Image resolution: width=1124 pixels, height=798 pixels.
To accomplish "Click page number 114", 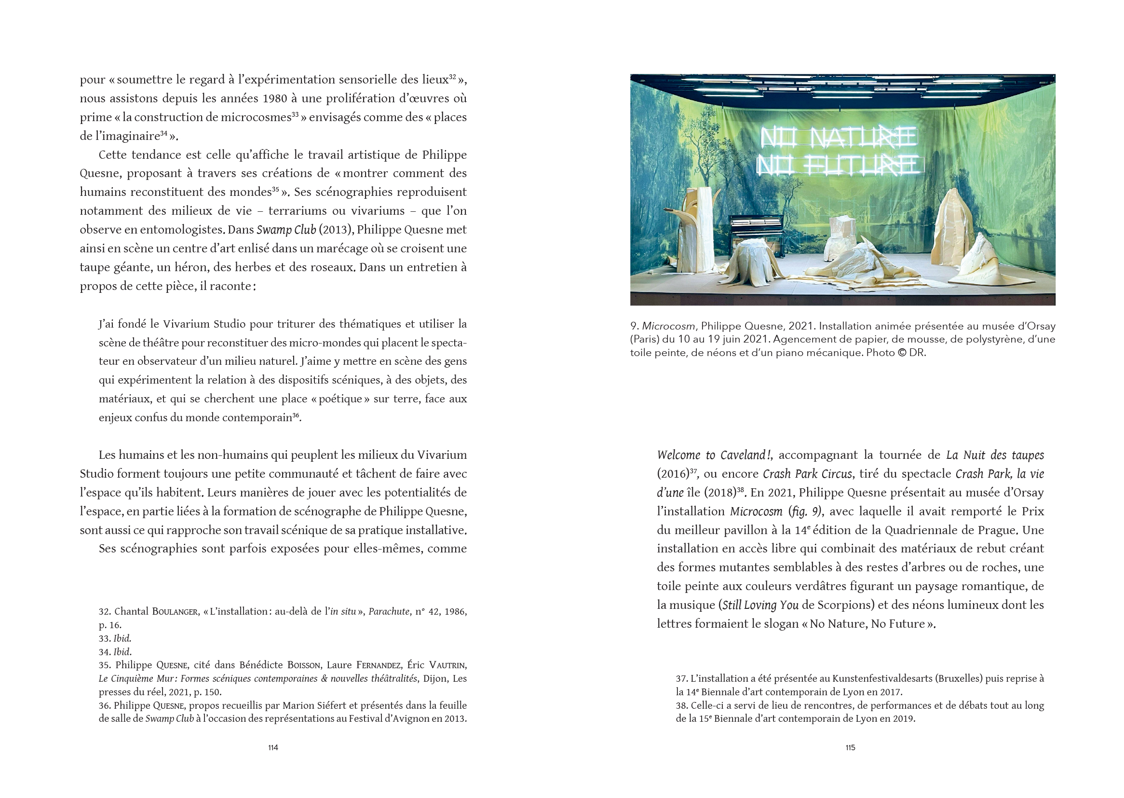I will coord(273,747).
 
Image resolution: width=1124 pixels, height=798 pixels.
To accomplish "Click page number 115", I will coord(850,747).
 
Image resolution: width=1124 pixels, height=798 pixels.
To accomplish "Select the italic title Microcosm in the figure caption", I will coord(668,326).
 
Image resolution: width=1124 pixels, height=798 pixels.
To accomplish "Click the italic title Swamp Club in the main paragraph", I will coord(286,230).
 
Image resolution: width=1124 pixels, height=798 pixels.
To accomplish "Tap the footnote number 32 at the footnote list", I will coord(104,612).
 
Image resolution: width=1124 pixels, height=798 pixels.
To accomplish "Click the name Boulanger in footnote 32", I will coord(175,612).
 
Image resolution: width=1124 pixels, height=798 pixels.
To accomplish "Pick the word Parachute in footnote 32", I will coord(389,612).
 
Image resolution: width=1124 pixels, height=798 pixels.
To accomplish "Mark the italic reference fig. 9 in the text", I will coord(805,511).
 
